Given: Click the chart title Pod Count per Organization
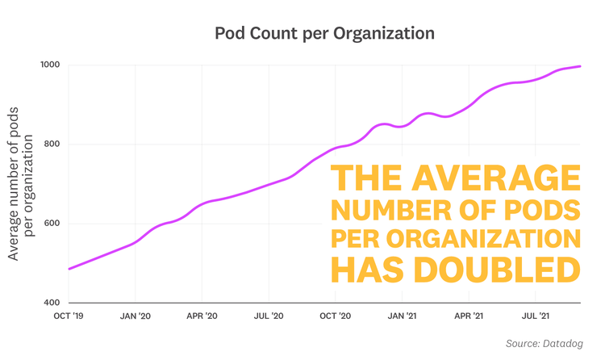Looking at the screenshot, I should (324, 34).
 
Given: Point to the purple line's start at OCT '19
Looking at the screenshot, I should (69, 269).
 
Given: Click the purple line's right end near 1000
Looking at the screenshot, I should (580, 66).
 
